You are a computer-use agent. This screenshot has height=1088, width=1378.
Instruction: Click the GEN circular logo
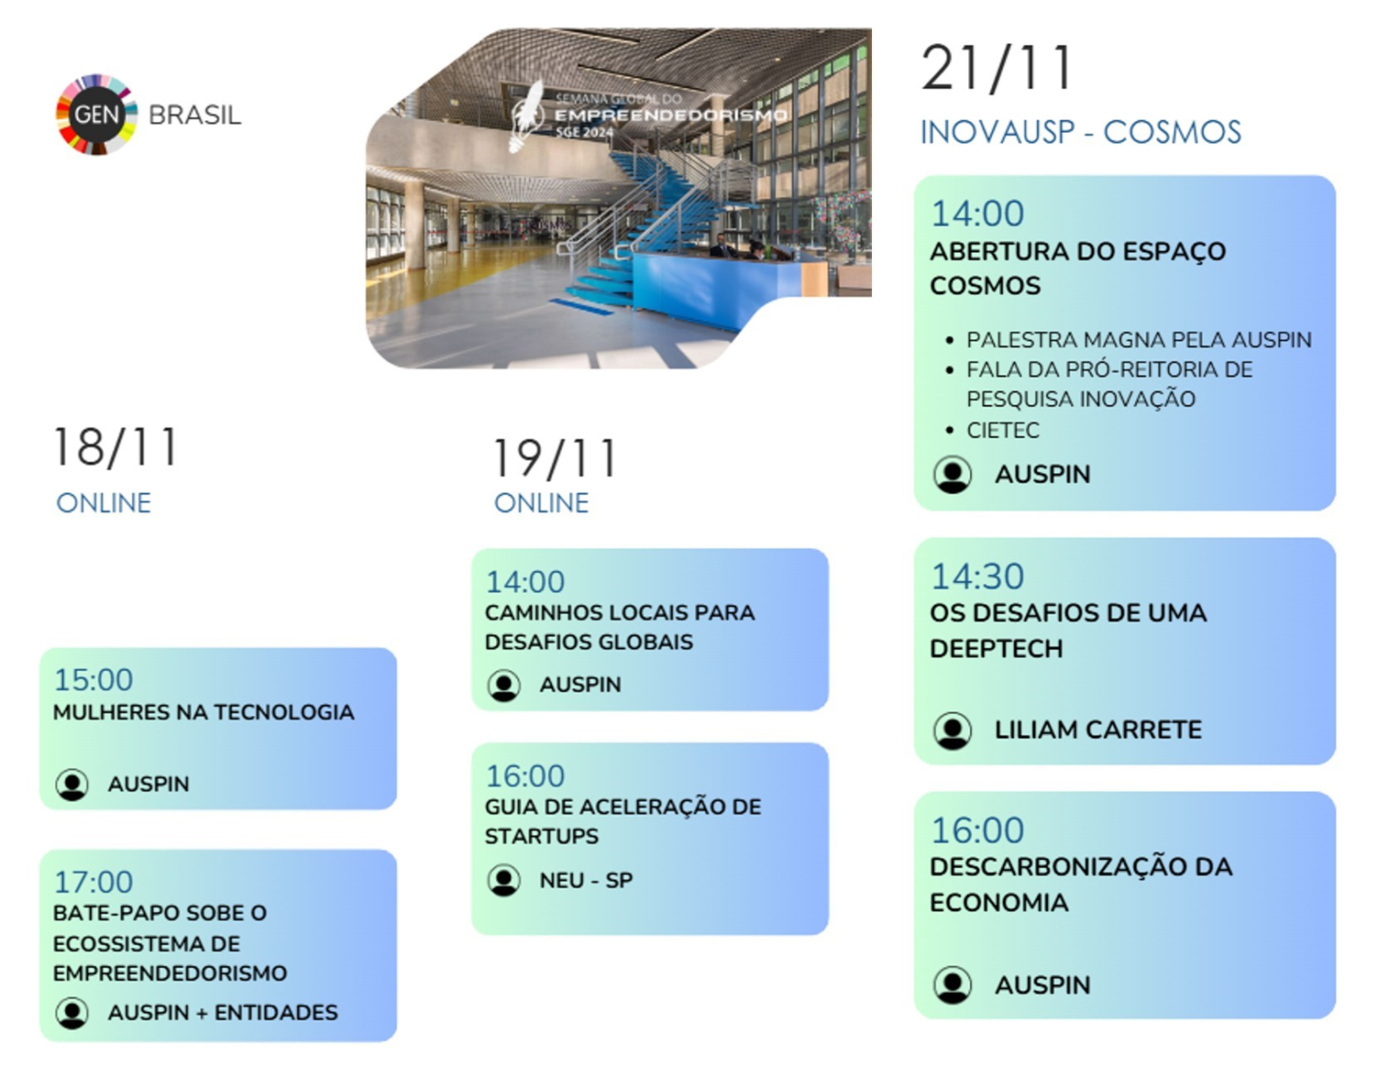point(97,115)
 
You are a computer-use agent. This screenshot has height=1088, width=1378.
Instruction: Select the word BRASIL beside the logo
point(195,116)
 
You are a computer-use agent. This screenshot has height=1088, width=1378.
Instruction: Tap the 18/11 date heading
point(116,447)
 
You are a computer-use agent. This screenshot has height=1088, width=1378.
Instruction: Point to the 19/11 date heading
point(554,457)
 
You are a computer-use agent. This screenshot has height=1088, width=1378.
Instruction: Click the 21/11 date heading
point(997,68)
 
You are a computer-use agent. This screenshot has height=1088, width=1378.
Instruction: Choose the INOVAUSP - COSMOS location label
point(1081,132)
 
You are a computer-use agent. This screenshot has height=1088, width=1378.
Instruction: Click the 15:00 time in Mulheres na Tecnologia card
point(93,680)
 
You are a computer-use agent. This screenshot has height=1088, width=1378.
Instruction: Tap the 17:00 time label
point(93,882)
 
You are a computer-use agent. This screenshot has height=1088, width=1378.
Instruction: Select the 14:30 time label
point(977,577)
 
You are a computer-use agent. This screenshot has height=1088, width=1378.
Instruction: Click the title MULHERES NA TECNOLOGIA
point(204,712)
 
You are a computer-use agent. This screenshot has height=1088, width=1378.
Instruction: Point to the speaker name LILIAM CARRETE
point(1098,729)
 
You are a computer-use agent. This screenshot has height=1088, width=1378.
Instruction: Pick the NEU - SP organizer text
point(586,880)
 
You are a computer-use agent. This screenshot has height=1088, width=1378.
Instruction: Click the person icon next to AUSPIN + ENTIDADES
point(72,1013)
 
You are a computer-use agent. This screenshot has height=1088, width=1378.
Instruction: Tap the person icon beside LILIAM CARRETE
point(952,730)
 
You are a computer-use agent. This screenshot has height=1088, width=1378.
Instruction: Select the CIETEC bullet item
point(1003,431)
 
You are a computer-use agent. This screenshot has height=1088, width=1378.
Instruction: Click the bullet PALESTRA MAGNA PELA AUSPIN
point(1138,339)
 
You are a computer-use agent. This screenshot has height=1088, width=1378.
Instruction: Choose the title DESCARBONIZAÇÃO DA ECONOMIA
point(1081,884)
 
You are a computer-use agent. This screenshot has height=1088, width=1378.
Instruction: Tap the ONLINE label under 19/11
point(541,503)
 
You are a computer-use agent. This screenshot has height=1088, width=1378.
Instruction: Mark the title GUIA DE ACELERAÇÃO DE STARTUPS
point(623,821)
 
